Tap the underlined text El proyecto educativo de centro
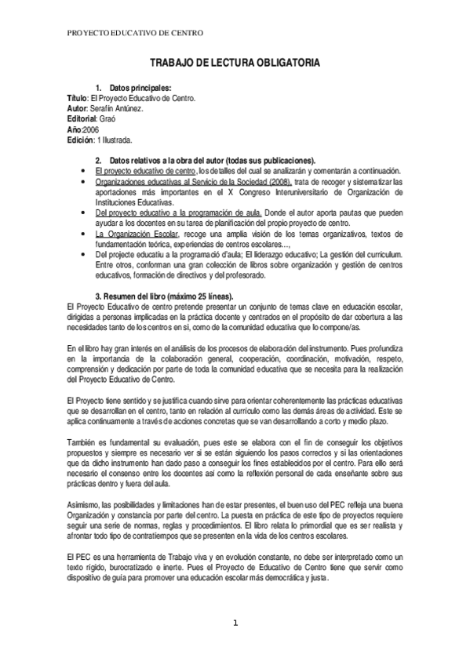pyautogui.click(x=144, y=170)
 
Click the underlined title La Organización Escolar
pyautogui.click(x=136, y=234)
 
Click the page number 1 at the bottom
pyautogui.click(x=234, y=623)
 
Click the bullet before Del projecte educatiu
pyautogui.click(x=83, y=255)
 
